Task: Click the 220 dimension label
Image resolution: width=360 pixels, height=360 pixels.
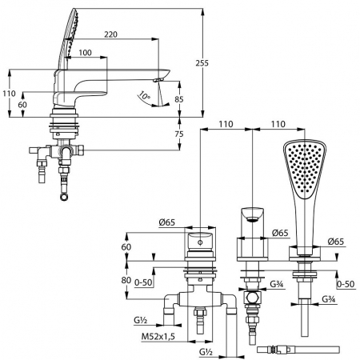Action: [x=110, y=34]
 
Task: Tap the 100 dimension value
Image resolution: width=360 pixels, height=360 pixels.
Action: [x=85, y=53]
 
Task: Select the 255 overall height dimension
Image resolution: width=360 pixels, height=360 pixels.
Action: [x=202, y=63]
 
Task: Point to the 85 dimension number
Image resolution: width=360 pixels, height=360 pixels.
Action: [x=179, y=99]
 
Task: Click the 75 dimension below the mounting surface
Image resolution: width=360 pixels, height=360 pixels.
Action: [x=179, y=134]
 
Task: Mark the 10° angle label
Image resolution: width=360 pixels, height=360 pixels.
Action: [x=144, y=95]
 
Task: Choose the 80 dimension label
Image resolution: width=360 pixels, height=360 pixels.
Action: [x=126, y=280]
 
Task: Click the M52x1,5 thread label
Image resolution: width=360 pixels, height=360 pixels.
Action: [x=158, y=337]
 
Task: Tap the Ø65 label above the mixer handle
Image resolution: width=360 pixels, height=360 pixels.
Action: [x=167, y=222]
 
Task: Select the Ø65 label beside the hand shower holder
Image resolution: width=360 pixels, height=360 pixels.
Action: [x=336, y=242]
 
